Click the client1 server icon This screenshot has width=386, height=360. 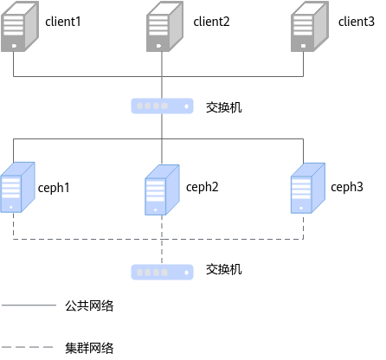20,27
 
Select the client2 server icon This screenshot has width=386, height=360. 164,27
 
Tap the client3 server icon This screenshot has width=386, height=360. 310,27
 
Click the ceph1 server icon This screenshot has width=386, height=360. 17,187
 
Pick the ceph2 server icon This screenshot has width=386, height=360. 162,190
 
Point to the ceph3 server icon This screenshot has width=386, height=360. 308,189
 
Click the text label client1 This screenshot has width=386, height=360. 63,22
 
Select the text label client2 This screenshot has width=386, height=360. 211,22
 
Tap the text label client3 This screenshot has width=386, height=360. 357,22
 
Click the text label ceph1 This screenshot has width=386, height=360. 54,188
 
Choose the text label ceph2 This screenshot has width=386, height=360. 203,187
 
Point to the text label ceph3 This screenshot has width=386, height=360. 347,187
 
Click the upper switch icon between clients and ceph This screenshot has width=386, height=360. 162,106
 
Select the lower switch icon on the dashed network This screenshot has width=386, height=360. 162,272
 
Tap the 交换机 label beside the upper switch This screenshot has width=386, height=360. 224,107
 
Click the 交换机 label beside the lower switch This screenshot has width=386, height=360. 224,269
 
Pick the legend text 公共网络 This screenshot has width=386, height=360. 89,305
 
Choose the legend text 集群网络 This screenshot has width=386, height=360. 89,348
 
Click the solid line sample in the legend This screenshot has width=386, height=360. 29,305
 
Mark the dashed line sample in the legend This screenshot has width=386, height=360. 28,347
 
